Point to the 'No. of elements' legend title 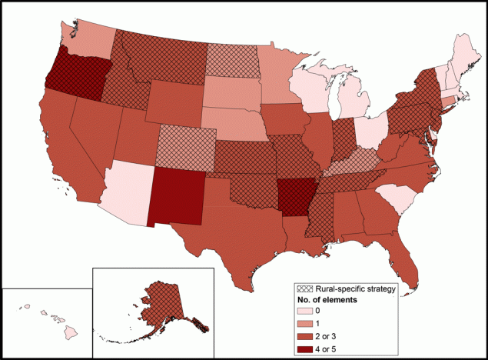point(328,299)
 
